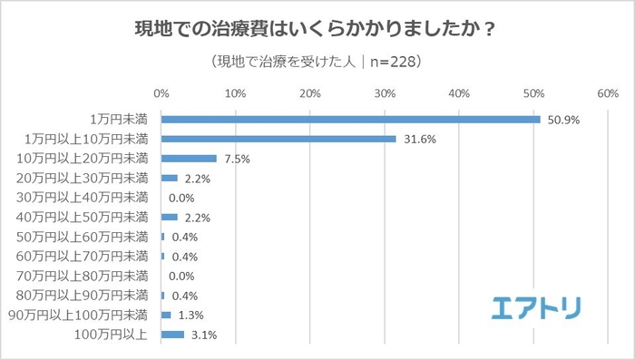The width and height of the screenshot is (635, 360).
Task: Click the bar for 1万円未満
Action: click(x=350, y=119)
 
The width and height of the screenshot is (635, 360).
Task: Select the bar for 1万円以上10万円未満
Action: click(x=278, y=139)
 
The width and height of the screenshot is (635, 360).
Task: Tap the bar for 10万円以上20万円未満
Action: click(x=189, y=159)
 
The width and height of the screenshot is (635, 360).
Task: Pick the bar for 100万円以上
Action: click(x=172, y=335)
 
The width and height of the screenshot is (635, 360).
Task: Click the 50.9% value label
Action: click(x=562, y=120)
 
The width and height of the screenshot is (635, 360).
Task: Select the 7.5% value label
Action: click(x=237, y=160)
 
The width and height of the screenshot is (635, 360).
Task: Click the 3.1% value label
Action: click(x=204, y=336)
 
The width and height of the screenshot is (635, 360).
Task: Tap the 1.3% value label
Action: click(x=190, y=316)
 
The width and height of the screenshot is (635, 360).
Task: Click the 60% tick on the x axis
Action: click(x=607, y=93)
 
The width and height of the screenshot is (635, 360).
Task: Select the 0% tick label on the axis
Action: click(x=161, y=93)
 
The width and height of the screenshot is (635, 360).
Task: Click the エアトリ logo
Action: click(x=536, y=307)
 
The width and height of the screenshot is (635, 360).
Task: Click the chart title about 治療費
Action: click(x=317, y=30)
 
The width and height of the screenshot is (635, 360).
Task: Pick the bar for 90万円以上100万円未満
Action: click(x=166, y=315)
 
